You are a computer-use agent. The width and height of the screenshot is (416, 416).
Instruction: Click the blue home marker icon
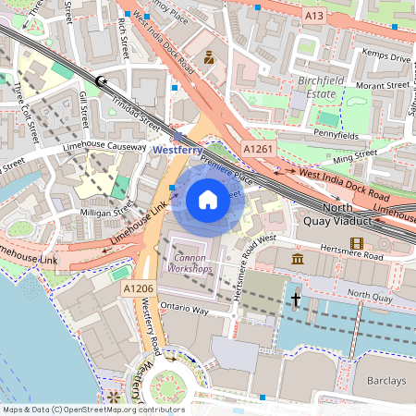(x=208, y=199)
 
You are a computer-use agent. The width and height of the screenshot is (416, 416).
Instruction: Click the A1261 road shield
(x=260, y=149)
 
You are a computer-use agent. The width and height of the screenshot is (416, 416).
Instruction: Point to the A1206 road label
(x=138, y=289)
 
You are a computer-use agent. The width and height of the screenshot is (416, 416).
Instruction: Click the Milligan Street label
(x=107, y=212)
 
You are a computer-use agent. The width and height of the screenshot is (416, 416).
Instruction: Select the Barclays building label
(x=384, y=381)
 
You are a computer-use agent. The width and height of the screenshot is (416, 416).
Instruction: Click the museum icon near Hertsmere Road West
(x=298, y=258)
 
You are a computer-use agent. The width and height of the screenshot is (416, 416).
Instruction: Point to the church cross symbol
(x=296, y=299)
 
